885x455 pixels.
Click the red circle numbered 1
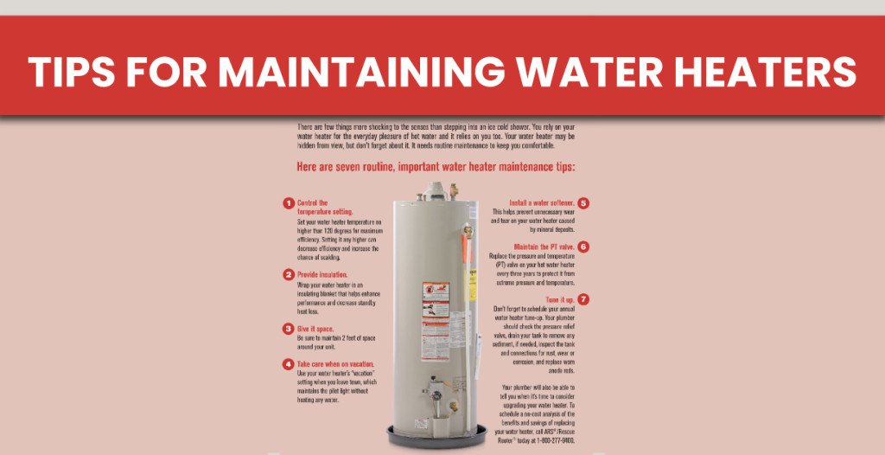(288, 203)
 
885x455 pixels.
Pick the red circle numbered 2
(288, 275)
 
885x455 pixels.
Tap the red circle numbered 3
(288, 329)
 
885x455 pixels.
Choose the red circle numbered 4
(288, 364)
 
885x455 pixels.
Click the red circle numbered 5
(583, 203)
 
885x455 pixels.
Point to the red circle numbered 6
(583, 247)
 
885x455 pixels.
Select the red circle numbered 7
(583, 299)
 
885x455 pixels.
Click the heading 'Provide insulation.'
(322, 275)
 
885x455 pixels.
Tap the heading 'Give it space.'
(316, 329)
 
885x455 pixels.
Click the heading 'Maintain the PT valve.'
(544, 247)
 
